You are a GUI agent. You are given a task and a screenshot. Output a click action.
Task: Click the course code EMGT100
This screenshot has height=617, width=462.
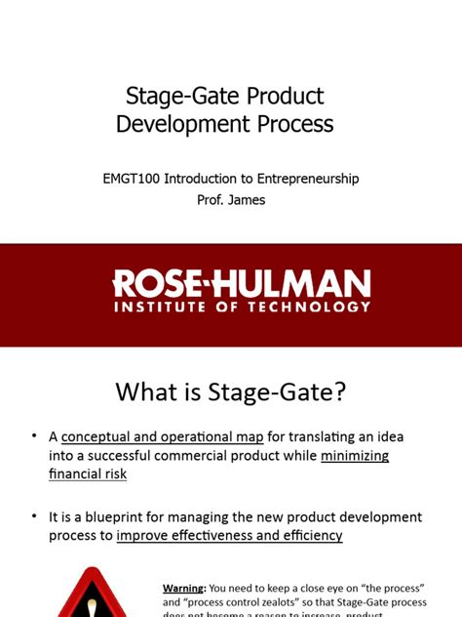click(131, 179)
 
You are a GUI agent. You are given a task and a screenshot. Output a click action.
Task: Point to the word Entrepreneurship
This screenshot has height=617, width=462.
click(301, 179)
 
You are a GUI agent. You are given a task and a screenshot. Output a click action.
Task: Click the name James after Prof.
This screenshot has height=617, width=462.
click(247, 200)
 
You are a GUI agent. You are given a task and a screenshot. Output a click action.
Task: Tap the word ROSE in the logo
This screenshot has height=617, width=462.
click(157, 284)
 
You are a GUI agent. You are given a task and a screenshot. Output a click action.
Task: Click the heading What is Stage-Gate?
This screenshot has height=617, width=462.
click(231, 392)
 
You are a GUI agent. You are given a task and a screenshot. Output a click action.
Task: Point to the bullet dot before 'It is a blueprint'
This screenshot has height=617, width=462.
click(34, 516)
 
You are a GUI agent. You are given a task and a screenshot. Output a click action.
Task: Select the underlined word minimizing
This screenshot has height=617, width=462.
click(355, 455)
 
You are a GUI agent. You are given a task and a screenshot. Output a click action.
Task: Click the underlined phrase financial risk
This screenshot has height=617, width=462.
click(88, 473)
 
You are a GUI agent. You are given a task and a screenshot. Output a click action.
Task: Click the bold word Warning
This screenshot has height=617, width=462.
click(184, 588)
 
